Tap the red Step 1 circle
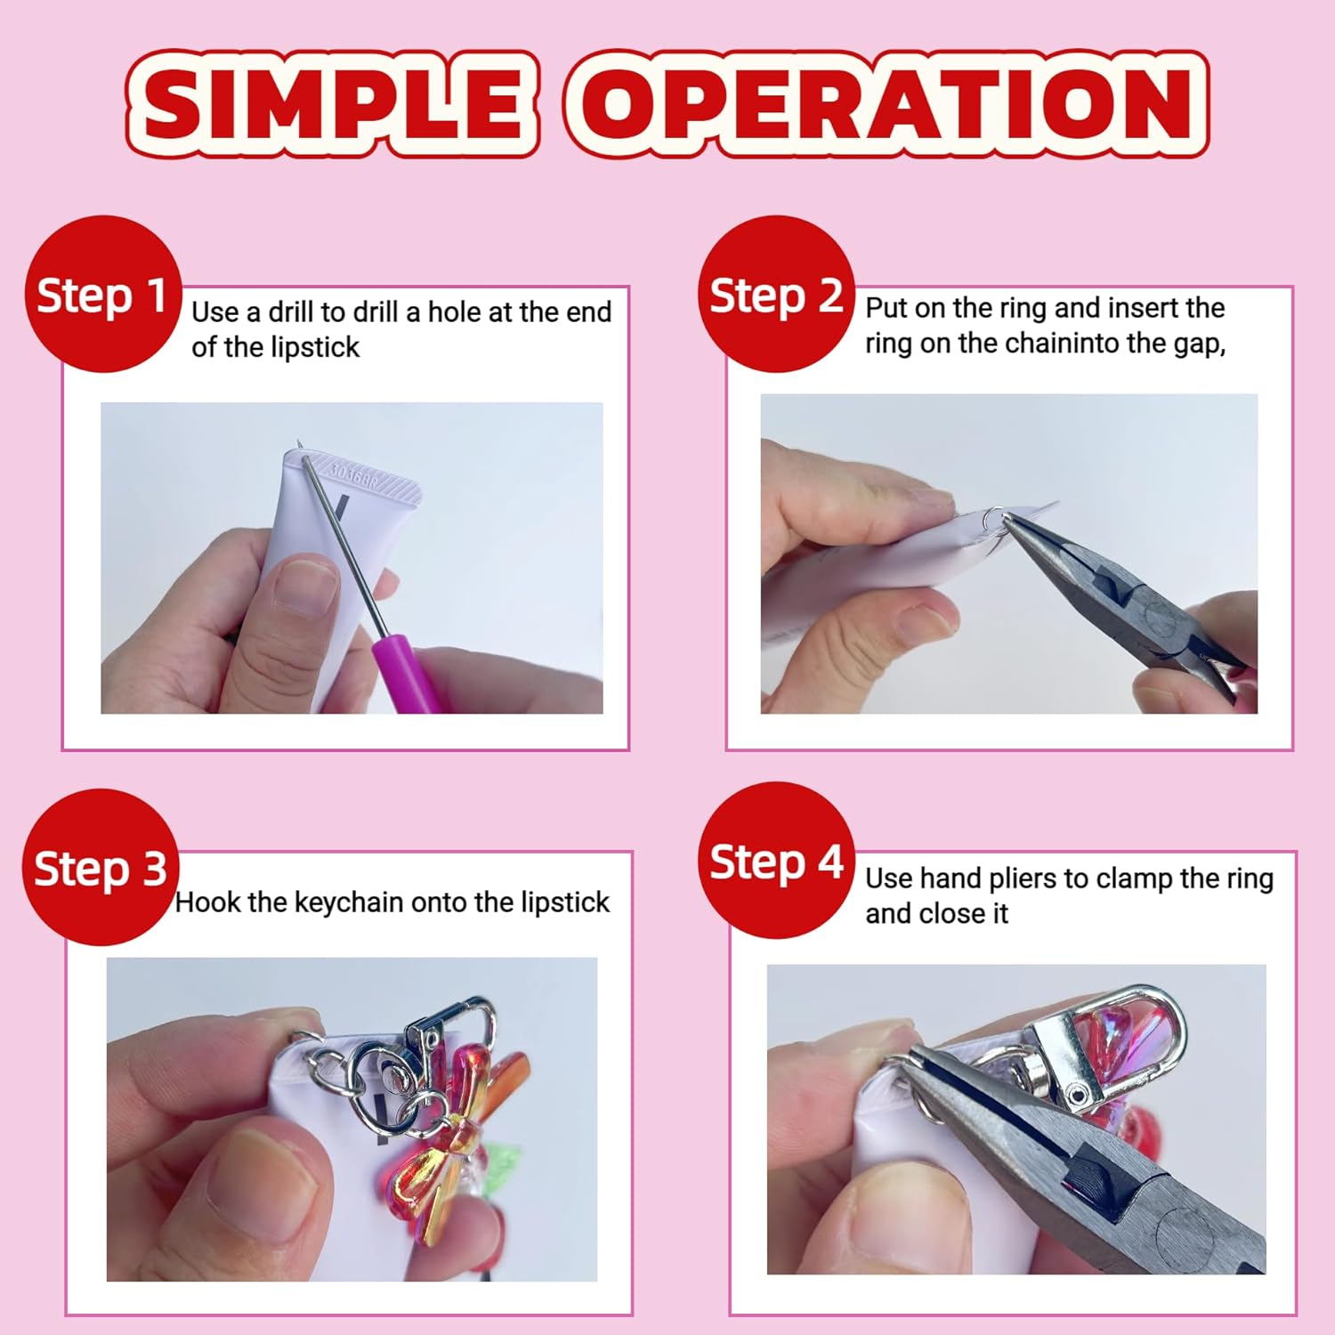tap(103, 295)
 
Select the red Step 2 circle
tap(776, 295)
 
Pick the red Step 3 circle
tap(101, 868)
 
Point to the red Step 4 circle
tap(776, 861)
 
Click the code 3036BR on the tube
tap(354, 474)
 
